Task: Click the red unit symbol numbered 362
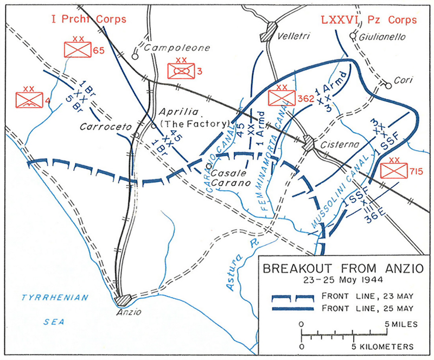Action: point(282,98)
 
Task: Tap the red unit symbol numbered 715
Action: point(393,171)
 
